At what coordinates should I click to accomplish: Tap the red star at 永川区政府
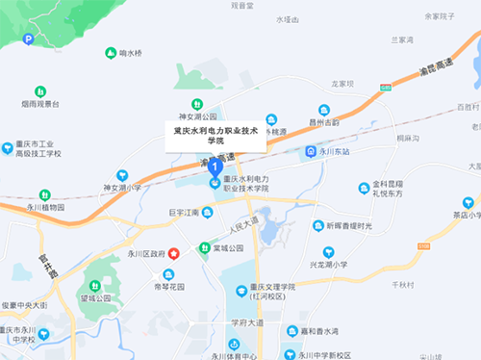tap(174, 253)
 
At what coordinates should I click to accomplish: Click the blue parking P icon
tap(28, 39)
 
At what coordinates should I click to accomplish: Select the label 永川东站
tap(332, 151)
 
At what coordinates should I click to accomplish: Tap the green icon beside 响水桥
tap(111, 53)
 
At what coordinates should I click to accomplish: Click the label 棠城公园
tap(228, 248)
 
